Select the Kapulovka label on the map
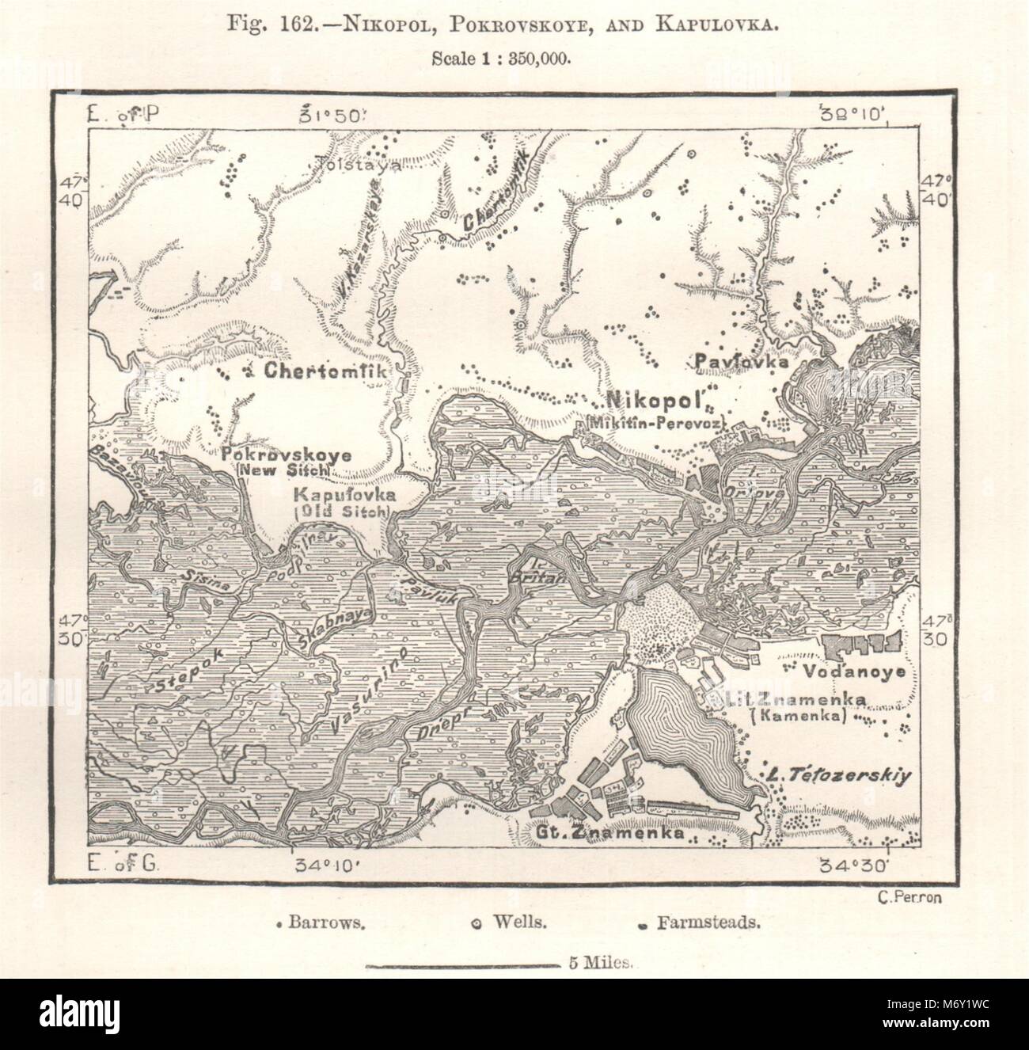coord(341,495)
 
